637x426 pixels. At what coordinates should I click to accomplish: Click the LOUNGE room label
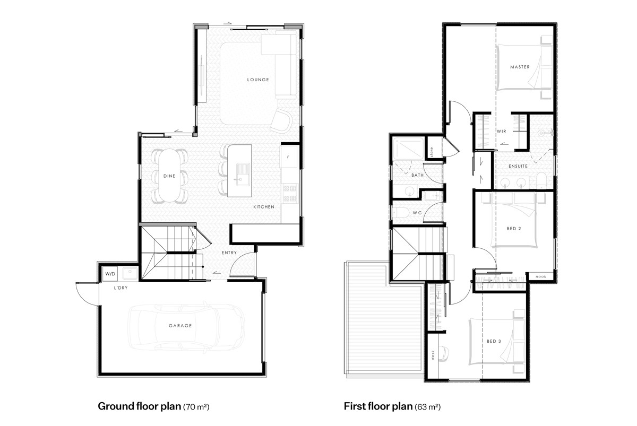[x=258, y=80]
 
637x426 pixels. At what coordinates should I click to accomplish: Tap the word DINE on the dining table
[x=169, y=176]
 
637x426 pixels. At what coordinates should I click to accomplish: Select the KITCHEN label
[x=264, y=207]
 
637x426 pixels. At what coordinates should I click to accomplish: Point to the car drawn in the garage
[x=186, y=327]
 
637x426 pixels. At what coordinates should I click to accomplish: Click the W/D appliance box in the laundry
[x=110, y=274]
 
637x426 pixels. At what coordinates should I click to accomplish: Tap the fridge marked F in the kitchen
[x=289, y=157]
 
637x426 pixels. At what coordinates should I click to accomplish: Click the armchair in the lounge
[x=281, y=121]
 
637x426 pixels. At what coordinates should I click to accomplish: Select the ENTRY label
[x=229, y=253]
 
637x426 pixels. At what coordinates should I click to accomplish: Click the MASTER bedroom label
[x=520, y=67]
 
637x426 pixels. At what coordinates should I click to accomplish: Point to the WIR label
[x=502, y=131]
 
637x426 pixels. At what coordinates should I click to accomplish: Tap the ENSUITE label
[x=518, y=166]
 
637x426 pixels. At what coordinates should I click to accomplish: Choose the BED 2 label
[x=514, y=229]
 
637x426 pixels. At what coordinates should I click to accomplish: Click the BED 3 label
[x=494, y=341]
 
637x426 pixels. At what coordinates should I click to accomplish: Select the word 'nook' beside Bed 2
[x=541, y=276]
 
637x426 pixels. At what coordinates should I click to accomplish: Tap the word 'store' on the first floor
[x=432, y=152]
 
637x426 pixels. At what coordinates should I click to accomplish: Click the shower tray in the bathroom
[x=408, y=149]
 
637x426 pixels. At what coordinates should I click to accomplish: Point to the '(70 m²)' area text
[x=196, y=407]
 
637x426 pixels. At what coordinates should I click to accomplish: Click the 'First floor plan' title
[x=378, y=406]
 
